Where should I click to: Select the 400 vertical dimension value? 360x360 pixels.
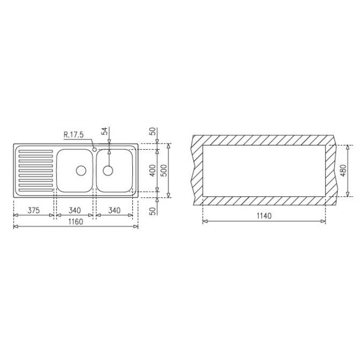(153, 171)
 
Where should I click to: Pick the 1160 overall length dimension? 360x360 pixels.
(75, 222)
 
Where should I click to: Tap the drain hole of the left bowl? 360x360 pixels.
(80, 170)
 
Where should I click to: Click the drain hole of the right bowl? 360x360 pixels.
(108, 170)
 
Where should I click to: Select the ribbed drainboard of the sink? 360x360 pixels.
(35, 171)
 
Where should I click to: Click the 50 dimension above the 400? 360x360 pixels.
(153, 131)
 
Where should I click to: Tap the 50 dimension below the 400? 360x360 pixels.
(153, 210)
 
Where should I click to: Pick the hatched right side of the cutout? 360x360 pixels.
(331, 170)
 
